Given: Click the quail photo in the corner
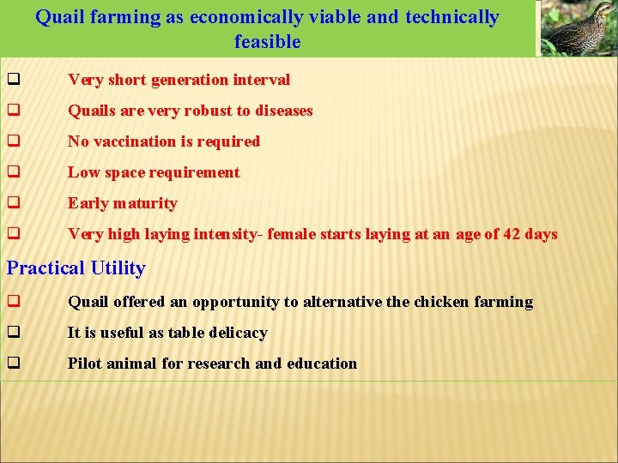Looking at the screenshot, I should (x=578, y=28).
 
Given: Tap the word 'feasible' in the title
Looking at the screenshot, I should (x=267, y=42).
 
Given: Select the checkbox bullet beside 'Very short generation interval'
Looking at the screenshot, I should (x=14, y=80).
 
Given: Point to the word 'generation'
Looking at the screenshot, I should (x=191, y=80).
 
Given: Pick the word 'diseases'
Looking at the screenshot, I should (x=283, y=111).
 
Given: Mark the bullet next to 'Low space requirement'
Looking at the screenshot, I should (x=14, y=172).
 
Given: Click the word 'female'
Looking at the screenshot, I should (x=292, y=234).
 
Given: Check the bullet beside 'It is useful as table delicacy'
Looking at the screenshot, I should (x=14, y=333).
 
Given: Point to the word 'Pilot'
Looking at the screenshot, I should (x=86, y=364).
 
